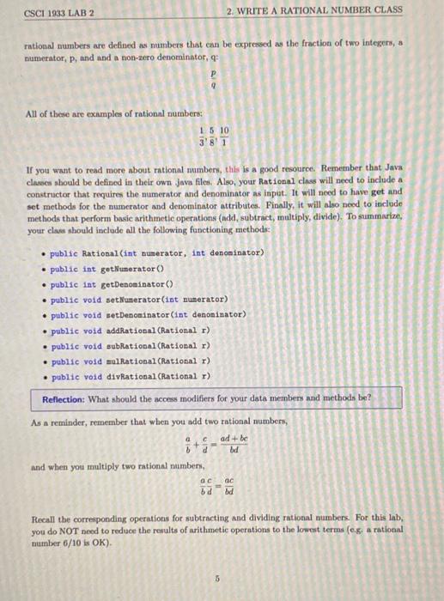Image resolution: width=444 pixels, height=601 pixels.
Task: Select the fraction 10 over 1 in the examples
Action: tap(224, 137)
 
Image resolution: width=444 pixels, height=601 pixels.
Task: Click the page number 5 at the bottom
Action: tap(218, 578)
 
